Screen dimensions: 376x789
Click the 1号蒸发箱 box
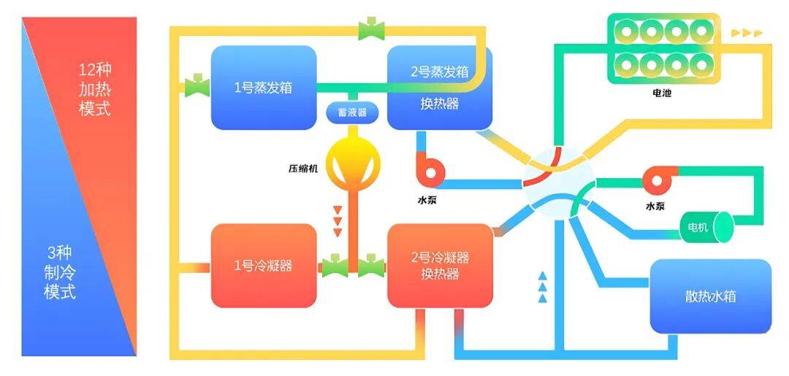click(x=263, y=87)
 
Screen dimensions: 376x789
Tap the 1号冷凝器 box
click(x=263, y=265)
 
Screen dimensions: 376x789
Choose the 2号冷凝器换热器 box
click(x=439, y=265)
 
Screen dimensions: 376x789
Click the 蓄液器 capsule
click(x=346, y=113)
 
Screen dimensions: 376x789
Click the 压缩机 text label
click(x=303, y=167)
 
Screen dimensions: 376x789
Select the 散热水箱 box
click(x=710, y=296)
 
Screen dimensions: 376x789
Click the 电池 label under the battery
click(x=662, y=93)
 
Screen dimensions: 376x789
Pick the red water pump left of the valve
click(x=430, y=169)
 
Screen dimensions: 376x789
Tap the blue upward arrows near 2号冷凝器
click(x=542, y=286)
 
